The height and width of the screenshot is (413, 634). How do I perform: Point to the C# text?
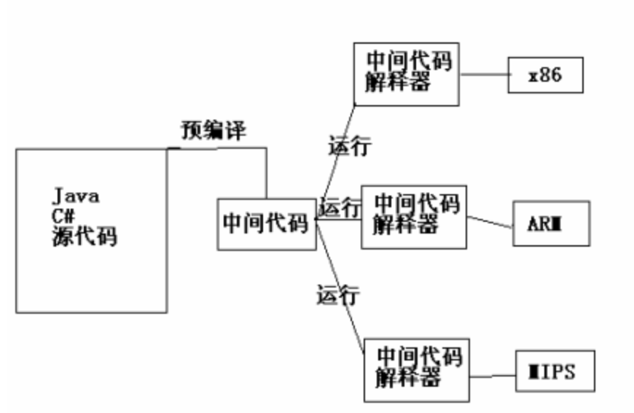(x=64, y=217)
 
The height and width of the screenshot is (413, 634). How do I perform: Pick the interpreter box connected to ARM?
(x=413, y=216)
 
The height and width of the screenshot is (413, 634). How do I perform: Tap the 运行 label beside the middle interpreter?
(x=340, y=208)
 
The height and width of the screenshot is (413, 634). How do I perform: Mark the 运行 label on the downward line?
(x=337, y=295)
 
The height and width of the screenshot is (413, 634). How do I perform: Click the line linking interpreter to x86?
(x=484, y=74)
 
